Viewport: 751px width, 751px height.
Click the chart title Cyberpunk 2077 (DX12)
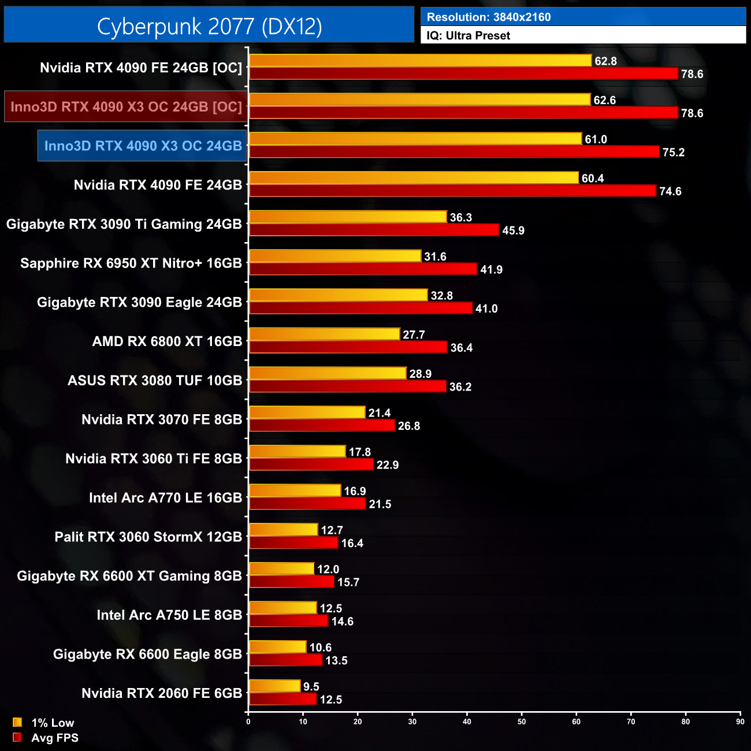(209, 26)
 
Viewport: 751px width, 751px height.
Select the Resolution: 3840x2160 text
(489, 17)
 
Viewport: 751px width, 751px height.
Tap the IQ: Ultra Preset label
(468, 36)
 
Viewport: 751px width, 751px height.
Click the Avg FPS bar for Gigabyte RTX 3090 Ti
(374, 230)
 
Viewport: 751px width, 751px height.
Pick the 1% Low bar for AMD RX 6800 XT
(324, 334)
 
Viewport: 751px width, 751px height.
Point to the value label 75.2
(673, 153)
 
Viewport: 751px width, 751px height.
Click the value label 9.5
(311, 686)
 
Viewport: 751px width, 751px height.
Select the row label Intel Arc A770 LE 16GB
(165, 498)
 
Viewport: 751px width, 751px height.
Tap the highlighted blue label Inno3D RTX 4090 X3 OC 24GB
(143, 146)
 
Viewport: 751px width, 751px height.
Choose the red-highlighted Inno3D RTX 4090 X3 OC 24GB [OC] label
(126, 107)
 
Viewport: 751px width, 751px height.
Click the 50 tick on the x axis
(522, 722)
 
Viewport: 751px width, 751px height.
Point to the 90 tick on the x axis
(740, 722)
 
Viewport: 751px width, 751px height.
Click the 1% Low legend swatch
(17, 722)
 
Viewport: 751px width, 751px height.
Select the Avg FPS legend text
(55, 738)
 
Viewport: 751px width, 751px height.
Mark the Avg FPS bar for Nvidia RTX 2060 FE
(283, 699)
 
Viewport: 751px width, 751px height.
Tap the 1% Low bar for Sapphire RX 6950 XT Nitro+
(335, 256)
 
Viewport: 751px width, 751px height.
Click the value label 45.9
(513, 230)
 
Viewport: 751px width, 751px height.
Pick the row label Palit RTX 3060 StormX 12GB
(148, 537)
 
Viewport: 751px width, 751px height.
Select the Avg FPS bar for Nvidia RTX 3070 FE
(322, 425)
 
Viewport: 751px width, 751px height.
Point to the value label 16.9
(355, 491)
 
